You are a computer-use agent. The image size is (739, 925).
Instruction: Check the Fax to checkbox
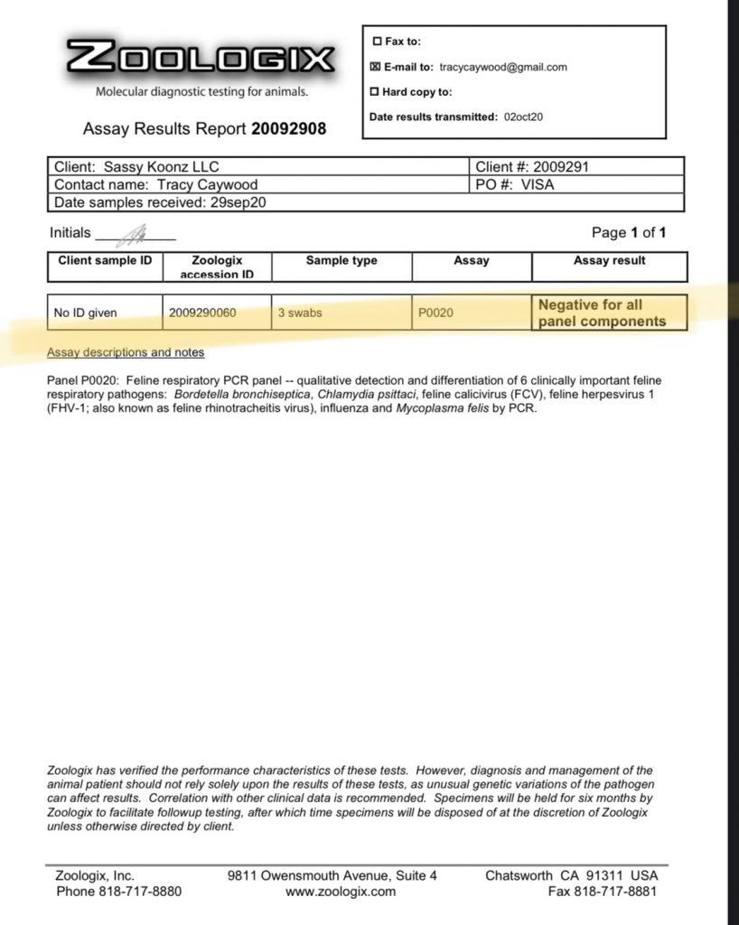[376, 42]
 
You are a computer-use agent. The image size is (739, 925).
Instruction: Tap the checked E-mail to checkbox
[376, 67]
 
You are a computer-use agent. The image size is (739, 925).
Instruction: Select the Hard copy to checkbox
[376, 92]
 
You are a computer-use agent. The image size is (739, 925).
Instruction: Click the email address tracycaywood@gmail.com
[503, 67]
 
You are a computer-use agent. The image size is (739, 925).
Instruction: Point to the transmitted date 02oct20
[523, 117]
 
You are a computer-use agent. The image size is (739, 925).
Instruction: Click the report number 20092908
[288, 129]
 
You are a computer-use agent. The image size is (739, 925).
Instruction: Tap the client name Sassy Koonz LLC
[161, 167]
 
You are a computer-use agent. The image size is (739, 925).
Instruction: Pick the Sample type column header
[341, 261]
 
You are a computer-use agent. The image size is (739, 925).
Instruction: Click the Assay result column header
[609, 261]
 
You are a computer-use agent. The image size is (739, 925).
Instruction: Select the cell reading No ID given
[85, 313]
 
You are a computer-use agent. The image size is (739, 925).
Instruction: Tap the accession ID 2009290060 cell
[202, 313]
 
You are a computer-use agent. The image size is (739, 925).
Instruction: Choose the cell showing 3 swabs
[299, 313]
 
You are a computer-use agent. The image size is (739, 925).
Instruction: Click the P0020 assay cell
[435, 313]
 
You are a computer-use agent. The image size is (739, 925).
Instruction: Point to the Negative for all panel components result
[603, 313]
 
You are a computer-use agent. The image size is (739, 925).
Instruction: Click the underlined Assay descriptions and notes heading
[126, 352]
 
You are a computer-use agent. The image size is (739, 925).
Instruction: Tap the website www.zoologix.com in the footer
[341, 892]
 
